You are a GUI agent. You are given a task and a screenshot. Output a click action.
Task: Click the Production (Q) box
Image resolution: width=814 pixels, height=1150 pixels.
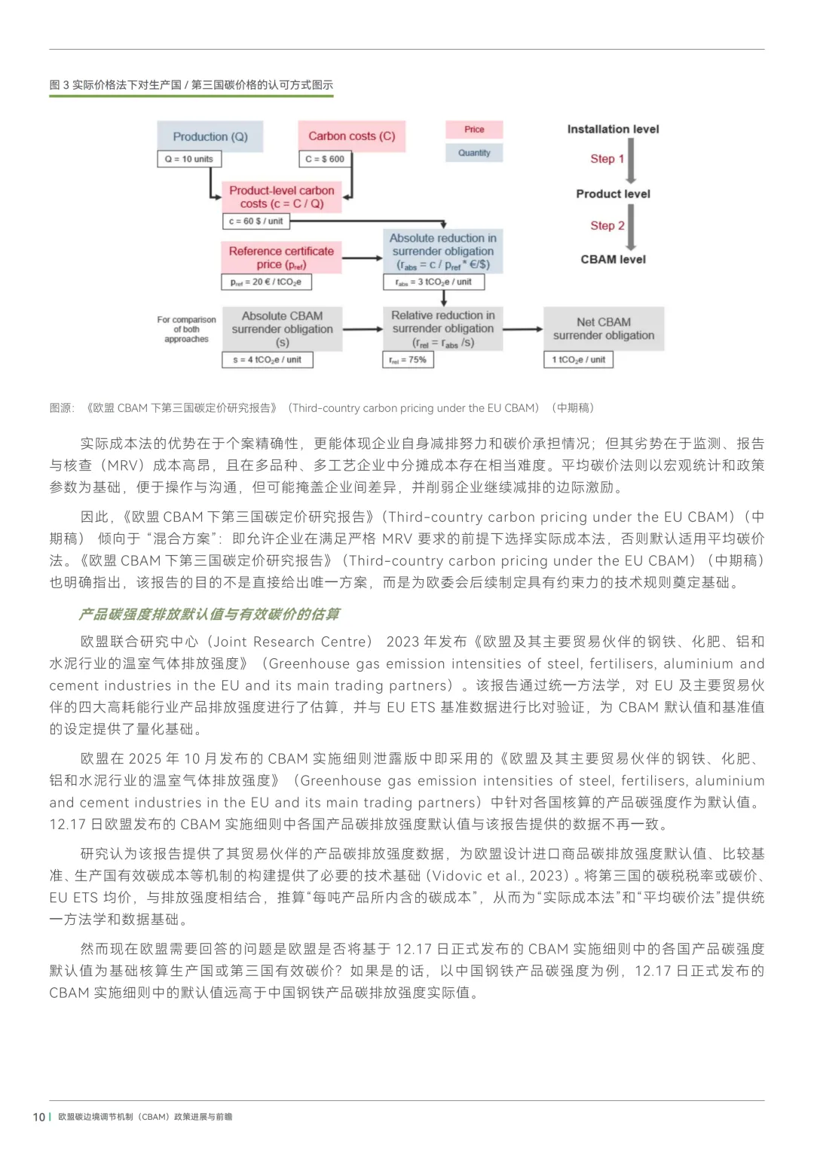[x=210, y=136]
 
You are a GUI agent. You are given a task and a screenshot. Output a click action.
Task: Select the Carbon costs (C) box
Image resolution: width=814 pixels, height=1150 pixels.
[x=351, y=136]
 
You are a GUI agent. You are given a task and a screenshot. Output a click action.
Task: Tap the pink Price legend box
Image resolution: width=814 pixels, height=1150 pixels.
[x=474, y=130]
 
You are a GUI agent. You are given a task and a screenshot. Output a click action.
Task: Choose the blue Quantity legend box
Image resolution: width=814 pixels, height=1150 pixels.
[x=474, y=153]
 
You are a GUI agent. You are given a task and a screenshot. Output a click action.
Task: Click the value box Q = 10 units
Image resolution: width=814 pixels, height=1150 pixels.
[x=189, y=159]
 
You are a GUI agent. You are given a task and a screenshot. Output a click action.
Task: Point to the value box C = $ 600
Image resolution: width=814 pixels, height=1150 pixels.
[x=325, y=159]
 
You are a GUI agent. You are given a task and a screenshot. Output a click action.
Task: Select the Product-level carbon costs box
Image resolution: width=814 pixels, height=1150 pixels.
[x=281, y=197]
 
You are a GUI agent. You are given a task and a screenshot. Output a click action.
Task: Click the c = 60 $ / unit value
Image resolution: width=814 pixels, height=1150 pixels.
[x=256, y=221]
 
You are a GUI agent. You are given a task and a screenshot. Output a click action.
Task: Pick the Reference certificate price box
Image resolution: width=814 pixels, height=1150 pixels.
[x=281, y=258]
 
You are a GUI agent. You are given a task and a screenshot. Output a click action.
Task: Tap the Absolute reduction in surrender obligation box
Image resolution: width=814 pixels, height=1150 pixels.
[x=442, y=252]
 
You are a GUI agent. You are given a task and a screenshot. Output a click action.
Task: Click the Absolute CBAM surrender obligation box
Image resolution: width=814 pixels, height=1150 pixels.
[x=282, y=329]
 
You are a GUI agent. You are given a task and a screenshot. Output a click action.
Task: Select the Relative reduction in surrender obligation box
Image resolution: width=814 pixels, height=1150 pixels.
[x=442, y=329]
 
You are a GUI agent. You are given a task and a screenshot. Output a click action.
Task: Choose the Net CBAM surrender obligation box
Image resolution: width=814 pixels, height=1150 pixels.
[x=603, y=328]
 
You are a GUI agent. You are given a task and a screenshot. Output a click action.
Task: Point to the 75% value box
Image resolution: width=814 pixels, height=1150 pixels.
[x=408, y=360]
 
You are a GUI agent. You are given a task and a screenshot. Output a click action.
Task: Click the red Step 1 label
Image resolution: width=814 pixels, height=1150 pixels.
[x=607, y=159]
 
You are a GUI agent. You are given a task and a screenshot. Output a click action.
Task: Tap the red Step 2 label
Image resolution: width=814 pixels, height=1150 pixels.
[x=607, y=226]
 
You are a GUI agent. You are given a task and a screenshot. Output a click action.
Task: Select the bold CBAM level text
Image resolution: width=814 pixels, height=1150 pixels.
[x=613, y=259]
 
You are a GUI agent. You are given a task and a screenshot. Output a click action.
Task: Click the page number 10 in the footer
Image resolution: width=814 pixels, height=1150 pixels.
[x=39, y=1117]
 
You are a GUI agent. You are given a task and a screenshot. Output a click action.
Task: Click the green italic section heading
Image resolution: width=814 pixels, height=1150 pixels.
[x=209, y=614]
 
